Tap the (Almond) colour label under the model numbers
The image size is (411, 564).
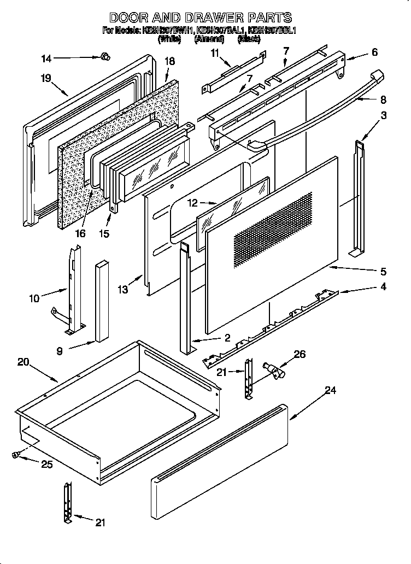click(209, 40)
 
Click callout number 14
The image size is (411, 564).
click(46, 57)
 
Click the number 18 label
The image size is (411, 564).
click(169, 61)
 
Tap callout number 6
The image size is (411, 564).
click(374, 52)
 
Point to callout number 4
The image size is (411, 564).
click(383, 286)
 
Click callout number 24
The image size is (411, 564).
click(330, 390)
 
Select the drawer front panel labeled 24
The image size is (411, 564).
click(219, 459)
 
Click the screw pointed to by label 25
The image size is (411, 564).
click(16, 453)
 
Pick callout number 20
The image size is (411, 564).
click(22, 361)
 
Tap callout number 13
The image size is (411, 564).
click(124, 289)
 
